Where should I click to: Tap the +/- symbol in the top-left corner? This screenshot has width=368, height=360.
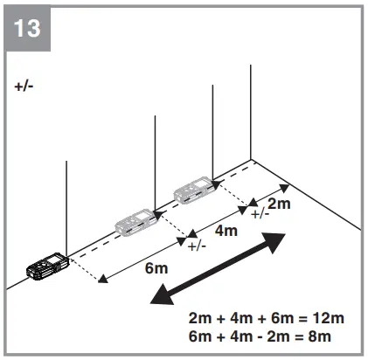pyautogui.click(x=24, y=87)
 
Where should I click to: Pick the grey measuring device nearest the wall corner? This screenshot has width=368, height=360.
pyautogui.click(x=193, y=188)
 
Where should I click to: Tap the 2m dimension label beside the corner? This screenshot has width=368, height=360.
pyautogui.click(x=279, y=204)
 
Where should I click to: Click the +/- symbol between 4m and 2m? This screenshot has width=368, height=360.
pyautogui.click(x=260, y=212)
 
